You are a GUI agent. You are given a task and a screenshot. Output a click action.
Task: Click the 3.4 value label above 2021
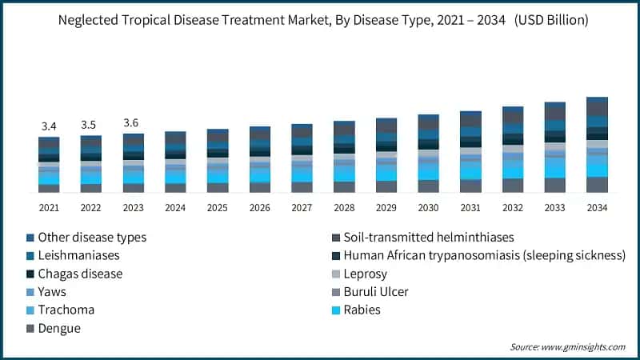(49, 126)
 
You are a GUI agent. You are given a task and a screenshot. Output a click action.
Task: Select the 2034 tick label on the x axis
(598, 207)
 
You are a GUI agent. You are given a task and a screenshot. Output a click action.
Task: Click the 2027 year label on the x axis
(302, 207)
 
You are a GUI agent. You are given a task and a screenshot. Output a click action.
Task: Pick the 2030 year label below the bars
(428, 207)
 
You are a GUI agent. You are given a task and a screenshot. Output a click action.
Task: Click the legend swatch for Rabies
(337, 310)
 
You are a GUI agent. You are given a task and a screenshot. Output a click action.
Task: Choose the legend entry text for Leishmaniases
(79, 255)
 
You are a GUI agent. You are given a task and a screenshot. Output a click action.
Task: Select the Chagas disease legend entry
(81, 274)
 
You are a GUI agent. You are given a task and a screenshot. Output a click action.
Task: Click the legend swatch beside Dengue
(31, 329)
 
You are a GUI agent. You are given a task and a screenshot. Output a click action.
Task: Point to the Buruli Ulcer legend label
(376, 292)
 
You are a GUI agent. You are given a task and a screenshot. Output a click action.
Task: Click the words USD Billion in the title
(546, 20)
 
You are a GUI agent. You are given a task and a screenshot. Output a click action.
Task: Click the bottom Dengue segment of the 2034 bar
(598, 185)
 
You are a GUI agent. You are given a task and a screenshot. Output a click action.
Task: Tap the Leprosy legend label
(366, 274)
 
